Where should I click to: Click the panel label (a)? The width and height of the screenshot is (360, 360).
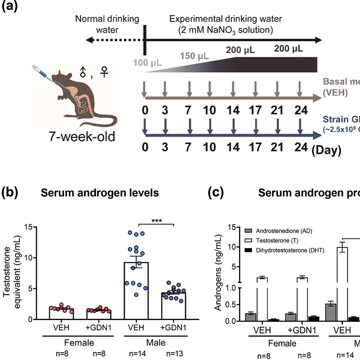[x=9, y=6]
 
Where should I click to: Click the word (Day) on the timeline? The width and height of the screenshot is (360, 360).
[x=326, y=150]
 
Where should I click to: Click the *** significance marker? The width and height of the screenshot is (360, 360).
[x=156, y=221]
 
